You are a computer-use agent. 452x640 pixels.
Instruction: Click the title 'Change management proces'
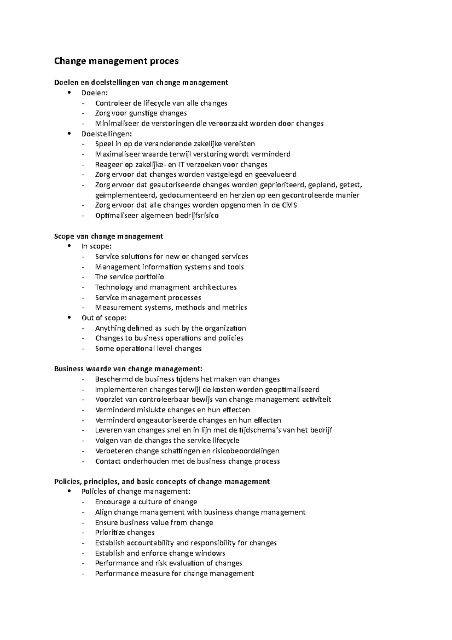116,61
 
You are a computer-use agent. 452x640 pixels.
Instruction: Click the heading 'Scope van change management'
108,236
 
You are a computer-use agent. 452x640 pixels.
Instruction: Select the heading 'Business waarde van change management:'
128,369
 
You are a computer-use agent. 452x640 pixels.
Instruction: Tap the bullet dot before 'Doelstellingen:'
69,133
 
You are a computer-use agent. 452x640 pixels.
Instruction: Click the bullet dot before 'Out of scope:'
69,318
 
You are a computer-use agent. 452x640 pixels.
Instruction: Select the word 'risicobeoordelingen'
246,451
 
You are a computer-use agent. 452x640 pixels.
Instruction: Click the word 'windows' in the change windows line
210,553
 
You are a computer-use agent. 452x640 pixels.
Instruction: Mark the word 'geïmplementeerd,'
126,195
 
